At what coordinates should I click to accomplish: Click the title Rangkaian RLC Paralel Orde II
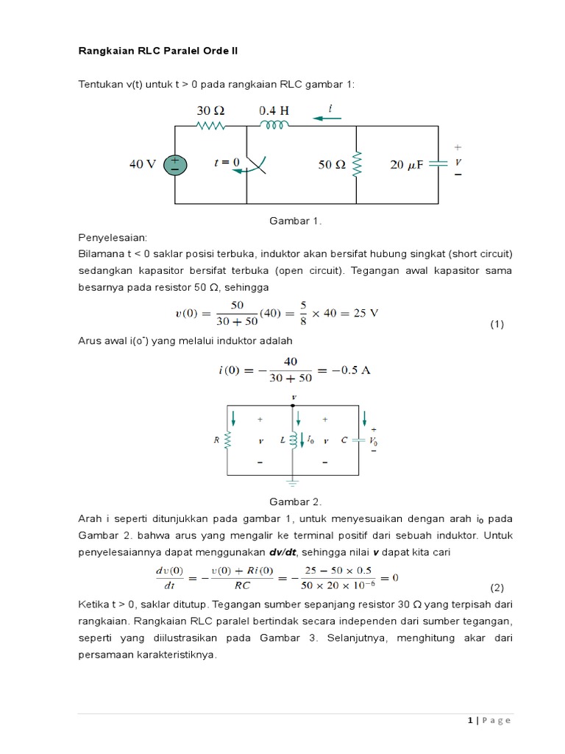[158, 51]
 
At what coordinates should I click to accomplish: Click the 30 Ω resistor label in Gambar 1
[210, 110]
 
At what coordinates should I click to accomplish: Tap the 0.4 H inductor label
[274, 110]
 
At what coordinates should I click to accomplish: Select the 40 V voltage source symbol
[175, 165]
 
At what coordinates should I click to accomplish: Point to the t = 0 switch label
[227, 163]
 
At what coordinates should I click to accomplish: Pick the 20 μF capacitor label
[406, 165]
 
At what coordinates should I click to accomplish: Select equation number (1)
[497, 324]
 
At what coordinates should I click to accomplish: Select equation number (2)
[497, 587]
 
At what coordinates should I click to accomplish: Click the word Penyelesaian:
[113, 238]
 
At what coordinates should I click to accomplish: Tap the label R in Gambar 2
[216, 440]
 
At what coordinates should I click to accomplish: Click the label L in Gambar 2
[282, 440]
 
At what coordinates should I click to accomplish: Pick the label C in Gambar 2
[344, 440]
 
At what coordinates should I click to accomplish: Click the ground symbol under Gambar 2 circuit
[294, 485]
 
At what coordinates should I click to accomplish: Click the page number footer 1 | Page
[488, 720]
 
